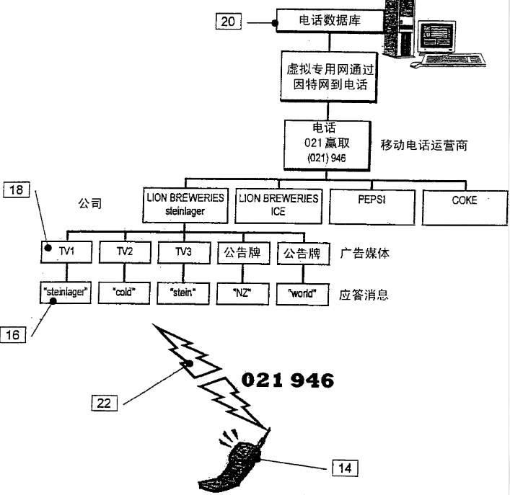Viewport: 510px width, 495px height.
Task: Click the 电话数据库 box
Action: click(x=330, y=21)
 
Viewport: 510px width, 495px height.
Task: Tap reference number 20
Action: click(x=229, y=22)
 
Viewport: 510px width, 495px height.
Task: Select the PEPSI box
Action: click(x=372, y=207)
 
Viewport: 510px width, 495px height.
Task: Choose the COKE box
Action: click(x=465, y=208)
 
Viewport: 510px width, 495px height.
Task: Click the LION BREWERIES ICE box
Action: click(x=278, y=206)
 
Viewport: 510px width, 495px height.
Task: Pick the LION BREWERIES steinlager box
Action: click(x=185, y=205)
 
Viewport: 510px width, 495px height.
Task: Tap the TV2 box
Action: click(x=125, y=251)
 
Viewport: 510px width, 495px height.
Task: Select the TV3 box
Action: click(x=184, y=252)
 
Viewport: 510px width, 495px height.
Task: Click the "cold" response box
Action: click(x=124, y=293)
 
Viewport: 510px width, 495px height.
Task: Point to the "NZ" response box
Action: click(x=242, y=294)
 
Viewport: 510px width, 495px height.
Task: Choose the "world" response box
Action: click(x=302, y=294)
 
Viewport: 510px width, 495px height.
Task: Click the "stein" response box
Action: click(x=183, y=293)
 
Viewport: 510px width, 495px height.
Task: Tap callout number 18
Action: click(x=17, y=189)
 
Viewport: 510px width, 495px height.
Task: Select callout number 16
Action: click(x=13, y=334)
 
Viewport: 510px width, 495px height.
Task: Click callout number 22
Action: click(x=105, y=403)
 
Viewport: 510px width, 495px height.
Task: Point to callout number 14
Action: click(x=345, y=468)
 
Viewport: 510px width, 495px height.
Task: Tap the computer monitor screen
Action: click(x=436, y=36)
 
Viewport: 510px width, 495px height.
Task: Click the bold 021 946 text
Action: click(x=288, y=380)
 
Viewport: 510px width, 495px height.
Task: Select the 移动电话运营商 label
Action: click(x=424, y=146)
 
